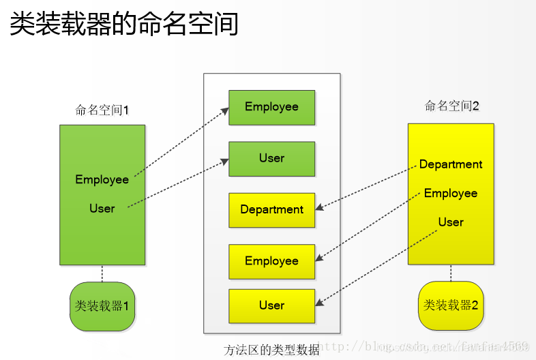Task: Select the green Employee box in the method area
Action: point(271,107)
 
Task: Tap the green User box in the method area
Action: point(271,158)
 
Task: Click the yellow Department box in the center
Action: point(271,210)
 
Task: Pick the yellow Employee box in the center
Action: point(271,261)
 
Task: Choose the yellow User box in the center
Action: point(271,305)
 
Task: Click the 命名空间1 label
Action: point(102,110)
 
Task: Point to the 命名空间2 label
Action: point(451,106)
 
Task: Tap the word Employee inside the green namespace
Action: point(102,179)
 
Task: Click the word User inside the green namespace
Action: point(102,208)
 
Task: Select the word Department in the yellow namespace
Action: point(451,164)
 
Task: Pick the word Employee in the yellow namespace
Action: point(451,193)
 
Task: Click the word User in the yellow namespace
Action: point(451,222)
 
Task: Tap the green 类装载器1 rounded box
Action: point(102,306)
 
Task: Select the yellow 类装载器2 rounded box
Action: point(451,305)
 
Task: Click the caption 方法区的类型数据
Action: point(271,350)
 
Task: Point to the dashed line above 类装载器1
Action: point(102,273)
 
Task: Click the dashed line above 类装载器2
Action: point(451,273)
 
